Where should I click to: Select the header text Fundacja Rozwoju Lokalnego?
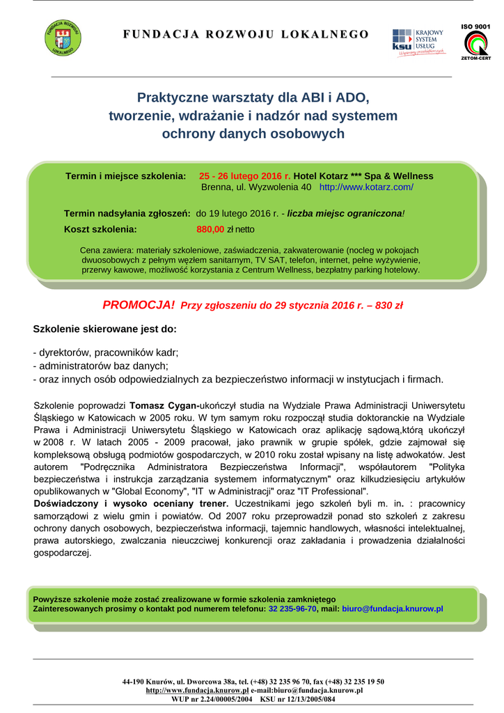(x=246, y=34)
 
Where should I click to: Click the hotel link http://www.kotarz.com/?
(x=366, y=187)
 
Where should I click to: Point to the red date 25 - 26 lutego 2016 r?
(x=244, y=176)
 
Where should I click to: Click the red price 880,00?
(x=210, y=228)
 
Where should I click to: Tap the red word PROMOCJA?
(x=139, y=305)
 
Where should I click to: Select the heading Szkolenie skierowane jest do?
(x=105, y=329)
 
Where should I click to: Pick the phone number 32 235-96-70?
(x=292, y=609)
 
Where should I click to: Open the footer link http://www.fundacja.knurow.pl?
(x=197, y=690)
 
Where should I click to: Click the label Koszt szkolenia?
(x=100, y=228)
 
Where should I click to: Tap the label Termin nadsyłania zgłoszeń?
(x=127, y=213)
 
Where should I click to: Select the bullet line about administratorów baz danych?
(x=101, y=366)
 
